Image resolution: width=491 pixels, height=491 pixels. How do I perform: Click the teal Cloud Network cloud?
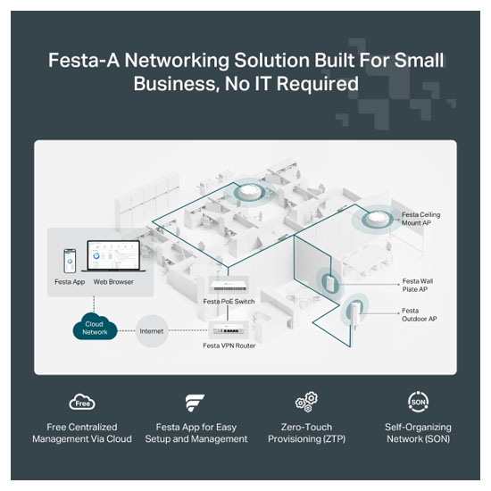(95, 327)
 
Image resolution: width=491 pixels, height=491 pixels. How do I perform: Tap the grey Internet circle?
(152, 331)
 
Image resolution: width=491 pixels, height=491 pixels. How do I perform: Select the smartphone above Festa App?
(70, 261)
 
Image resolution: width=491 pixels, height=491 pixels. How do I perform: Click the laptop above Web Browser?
(113, 256)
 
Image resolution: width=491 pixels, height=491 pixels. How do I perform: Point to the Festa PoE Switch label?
(229, 301)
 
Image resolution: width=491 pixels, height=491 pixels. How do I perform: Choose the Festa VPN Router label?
(229, 345)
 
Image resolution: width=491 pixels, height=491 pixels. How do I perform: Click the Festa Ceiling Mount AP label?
(420, 219)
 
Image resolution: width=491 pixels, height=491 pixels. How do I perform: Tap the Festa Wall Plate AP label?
(418, 285)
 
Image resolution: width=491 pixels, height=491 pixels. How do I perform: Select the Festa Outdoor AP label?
(419, 315)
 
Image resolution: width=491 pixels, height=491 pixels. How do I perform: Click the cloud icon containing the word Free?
(82, 402)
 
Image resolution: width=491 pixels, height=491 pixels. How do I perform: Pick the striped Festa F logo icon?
(195, 403)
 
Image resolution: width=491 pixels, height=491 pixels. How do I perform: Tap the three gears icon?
(306, 402)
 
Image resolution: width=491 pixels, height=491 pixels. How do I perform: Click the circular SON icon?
(419, 402)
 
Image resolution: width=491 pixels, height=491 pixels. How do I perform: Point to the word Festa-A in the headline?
(84, 60)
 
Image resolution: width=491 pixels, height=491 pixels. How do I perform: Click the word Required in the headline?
(318, 84)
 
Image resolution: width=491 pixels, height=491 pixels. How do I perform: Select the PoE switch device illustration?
(229, 286)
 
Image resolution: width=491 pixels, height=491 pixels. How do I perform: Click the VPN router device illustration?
(229, 330)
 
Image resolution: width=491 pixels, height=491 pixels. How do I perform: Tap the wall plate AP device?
(330, 283)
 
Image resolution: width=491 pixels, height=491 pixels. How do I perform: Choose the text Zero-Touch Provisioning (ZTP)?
(306, 433)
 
